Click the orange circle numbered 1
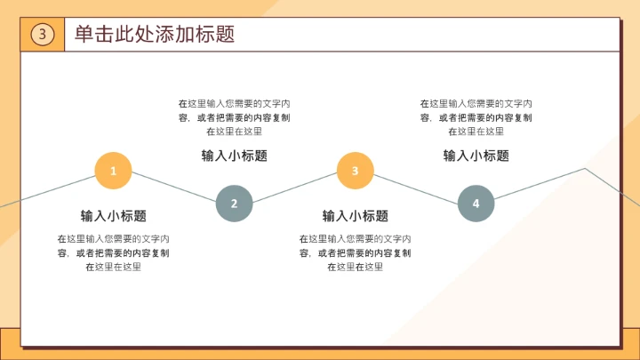tap(114, 171)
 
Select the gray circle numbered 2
tap(235, 204)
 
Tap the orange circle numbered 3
tap(355, 171)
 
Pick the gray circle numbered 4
tap(476, 204)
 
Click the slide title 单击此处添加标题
tap(155, 35)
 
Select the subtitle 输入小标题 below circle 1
tap(114, 216)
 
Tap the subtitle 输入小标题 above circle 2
tap(235, 156)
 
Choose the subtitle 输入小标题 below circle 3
tap(355, 216)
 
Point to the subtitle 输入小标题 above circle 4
tap(476, 156)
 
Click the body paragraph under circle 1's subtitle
tap(114, 252)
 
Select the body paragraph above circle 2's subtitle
tap(235, 117)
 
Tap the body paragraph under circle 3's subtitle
tap(355, 252)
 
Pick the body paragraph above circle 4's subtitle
tap(476, 117)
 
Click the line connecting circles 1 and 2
tap(174, 187)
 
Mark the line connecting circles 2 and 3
tap(295, 187)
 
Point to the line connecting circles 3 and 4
tap(415, 187)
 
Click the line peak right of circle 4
tap(585, 168)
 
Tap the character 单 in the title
tap(84, 35)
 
